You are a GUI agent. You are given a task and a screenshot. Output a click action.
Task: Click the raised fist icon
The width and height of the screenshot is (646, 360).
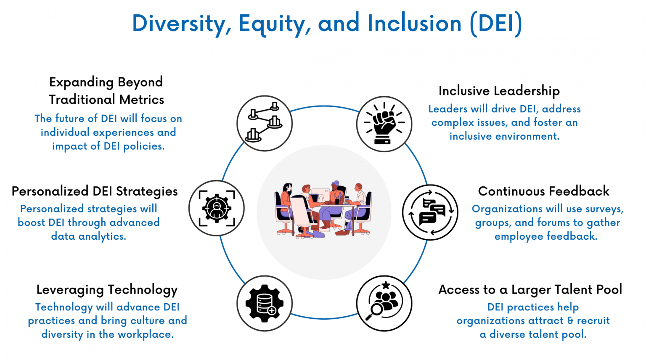[384, 124]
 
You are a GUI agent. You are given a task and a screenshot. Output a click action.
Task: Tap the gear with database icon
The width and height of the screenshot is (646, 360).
[265, 303]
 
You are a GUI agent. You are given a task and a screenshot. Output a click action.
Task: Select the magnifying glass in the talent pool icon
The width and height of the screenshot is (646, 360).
[374, 312]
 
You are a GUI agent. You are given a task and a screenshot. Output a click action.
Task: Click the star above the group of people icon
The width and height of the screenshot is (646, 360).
[386, 285]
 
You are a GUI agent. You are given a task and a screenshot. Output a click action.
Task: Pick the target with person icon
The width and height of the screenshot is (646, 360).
[217, 208]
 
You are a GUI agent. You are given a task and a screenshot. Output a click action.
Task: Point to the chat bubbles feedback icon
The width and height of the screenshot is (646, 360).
[430, 212]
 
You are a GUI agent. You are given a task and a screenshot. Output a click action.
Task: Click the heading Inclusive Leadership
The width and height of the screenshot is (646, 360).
[499, 90]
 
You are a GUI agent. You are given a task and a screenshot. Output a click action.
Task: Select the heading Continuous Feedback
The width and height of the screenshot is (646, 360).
[544, 191]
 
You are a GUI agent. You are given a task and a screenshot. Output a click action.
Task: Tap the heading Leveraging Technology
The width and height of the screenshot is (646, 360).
[107, 290]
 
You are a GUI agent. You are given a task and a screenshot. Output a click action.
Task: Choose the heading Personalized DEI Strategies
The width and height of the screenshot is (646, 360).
[95, 191]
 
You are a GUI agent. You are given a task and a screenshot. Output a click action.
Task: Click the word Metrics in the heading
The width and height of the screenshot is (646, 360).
[142, 100]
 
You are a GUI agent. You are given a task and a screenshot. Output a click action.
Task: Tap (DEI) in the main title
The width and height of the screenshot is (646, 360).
[496, 24]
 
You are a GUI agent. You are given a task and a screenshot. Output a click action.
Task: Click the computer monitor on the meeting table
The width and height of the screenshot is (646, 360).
[321, 195]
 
